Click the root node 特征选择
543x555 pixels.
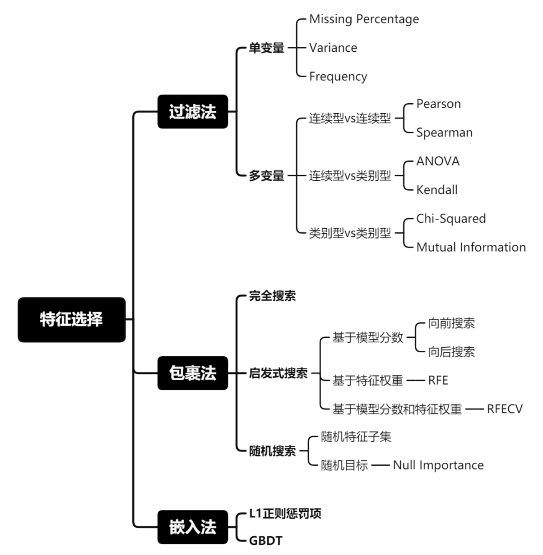[x=72, y=320]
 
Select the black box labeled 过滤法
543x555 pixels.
[x=193, y=112]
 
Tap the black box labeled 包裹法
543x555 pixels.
[x=193, y=373]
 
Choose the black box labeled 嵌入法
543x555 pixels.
[x=193, y=527]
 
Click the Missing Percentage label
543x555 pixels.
[x=364, y=19]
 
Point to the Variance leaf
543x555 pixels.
[x=333, y=48]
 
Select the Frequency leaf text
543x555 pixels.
[x=338, y=76]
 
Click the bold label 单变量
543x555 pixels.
[x=267, y=48]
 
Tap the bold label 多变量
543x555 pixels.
[x=267, y=176]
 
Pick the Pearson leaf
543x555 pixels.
[x=438, y=104]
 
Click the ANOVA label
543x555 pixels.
[x=438, y=161]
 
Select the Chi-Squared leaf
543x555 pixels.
[x=451, y=219]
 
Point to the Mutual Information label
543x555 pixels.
[x=471, y=247]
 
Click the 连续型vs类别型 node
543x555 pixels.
[x=350, y=176]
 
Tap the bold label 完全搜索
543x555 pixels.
[x=272, y=296]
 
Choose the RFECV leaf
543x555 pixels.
[x=505, y=409]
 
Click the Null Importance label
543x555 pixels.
[x=438, y=465]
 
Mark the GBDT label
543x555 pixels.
[x=265, y=541]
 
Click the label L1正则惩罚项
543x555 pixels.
[x=285, y=514]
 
